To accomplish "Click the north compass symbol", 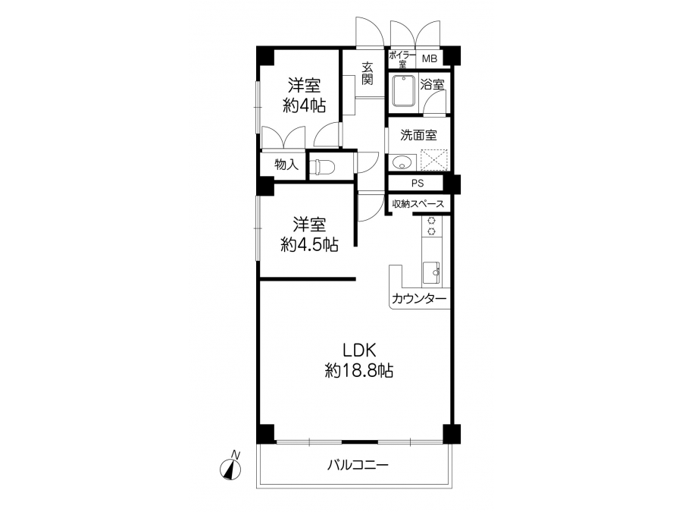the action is coord(230,468).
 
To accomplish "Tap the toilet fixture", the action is coord(322,166).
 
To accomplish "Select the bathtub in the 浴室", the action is coord(404,91).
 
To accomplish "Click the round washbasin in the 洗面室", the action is coord(400,163).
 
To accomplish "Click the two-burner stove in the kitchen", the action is coord(431,226).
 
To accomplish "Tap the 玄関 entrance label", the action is coord(368,74).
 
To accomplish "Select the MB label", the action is coord(430,58).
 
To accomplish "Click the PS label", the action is coord(418,184).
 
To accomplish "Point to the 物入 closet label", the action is coord(286,165).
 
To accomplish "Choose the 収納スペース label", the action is coord(418,204).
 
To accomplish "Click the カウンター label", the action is coord(419,299).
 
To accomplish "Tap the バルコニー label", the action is coord(358,466).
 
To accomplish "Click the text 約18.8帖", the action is coord(359,371).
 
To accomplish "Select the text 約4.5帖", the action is coord(309,245).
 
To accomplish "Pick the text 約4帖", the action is coord(304,105).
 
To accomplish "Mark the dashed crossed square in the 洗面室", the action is coord(434,160).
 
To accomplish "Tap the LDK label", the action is coord(359,350).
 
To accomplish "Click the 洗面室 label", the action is coord(418,136).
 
